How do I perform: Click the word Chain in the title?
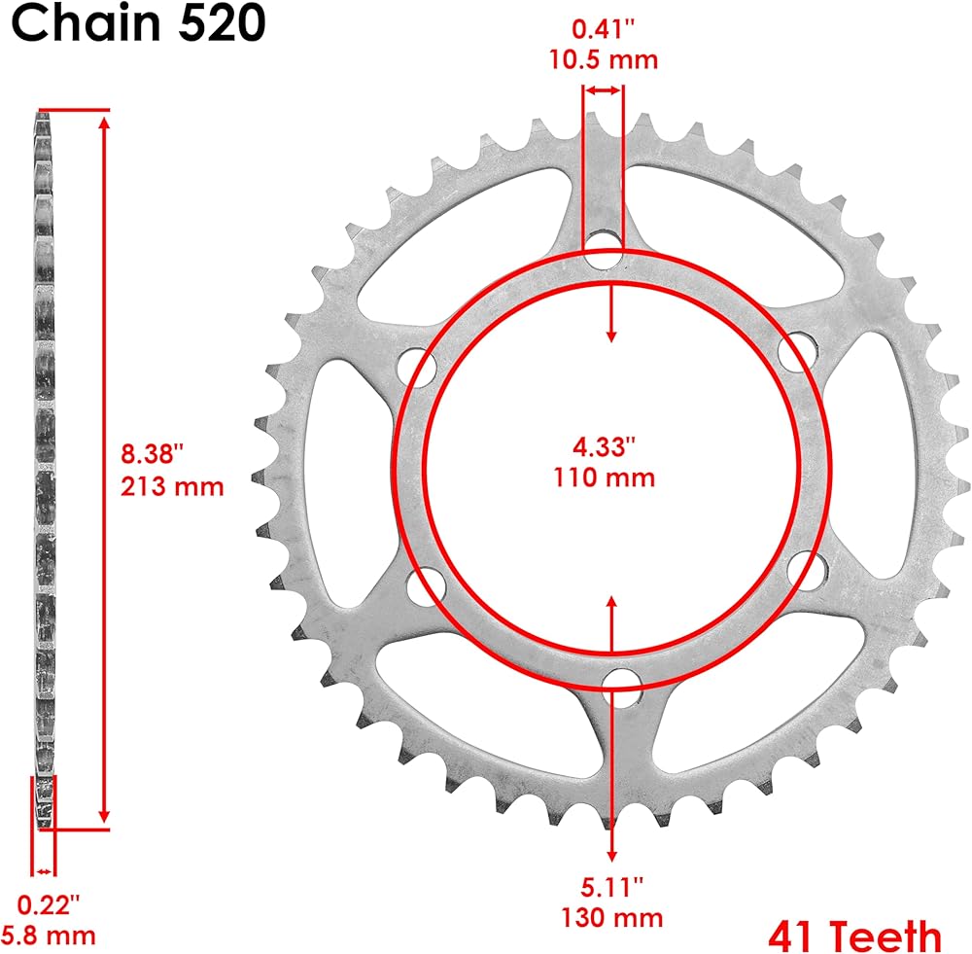(x=86, y=22)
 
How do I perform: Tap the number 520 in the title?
(x=222, y=23)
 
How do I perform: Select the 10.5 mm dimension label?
(x=604, y=59)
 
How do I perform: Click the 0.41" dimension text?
(x=604, y=28)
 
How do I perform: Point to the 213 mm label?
(x=172, y=486)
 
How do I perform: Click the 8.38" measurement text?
(x=153, y=453)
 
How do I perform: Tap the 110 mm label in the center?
(x=604, y=477)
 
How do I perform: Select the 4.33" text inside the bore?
(x=604, y=446)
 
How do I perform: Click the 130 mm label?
(x=611, y=917)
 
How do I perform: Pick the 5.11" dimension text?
(x=611, y=886)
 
